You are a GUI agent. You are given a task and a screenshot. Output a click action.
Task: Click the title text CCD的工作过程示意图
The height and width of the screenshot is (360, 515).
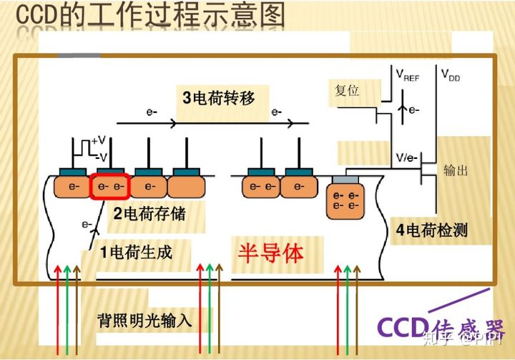point(150,16)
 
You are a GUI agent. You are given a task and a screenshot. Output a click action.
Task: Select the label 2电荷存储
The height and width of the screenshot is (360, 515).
point(155,213)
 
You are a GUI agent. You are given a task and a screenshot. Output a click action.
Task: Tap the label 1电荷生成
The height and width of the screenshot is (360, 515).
point(136,252)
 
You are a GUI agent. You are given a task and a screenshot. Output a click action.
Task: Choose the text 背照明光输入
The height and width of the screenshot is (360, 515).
point(145,320)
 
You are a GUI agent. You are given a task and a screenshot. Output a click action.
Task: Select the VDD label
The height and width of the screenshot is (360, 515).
point(451,74)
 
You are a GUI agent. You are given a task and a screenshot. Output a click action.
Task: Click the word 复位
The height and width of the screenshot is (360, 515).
point(346,91)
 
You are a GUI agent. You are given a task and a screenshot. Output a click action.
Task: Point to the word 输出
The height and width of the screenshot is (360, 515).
point(456,170)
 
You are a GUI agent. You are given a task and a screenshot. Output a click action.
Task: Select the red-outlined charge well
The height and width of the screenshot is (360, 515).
point(110,186)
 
